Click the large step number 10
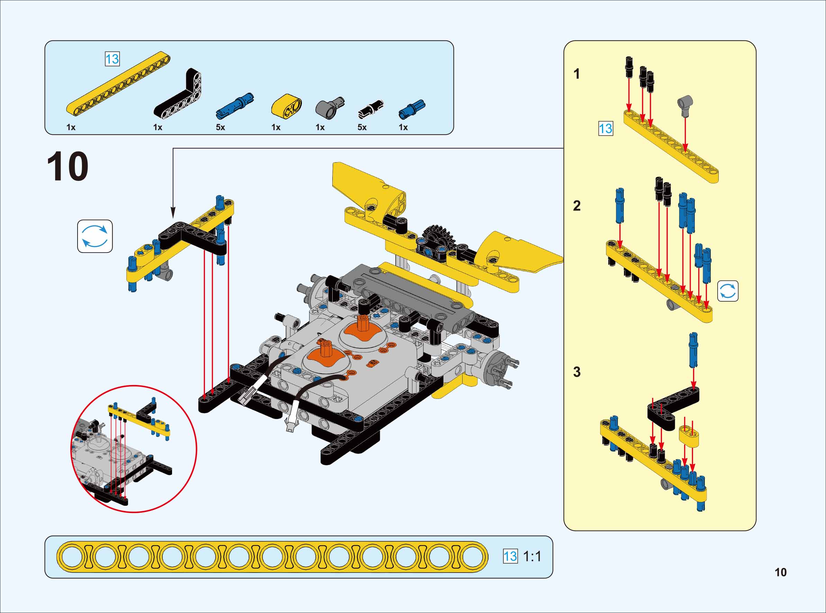tap(68, 167)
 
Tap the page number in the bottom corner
tap(780, 572)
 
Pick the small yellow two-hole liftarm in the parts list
tap(286, 106)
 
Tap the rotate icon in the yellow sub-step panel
tap(728, 291)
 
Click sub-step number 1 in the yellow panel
tap(576, 74)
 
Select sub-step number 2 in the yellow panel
tap(576, 205)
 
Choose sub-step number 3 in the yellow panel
tap(576, 372)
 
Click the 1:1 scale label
tap(532, 556)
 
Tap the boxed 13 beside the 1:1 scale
tap(510, 556)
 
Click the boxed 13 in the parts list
tap(112, 59)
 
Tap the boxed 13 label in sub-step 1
tap(605, 129)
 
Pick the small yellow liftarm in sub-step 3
tap(689, 436)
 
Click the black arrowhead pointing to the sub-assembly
tap(173, 213)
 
